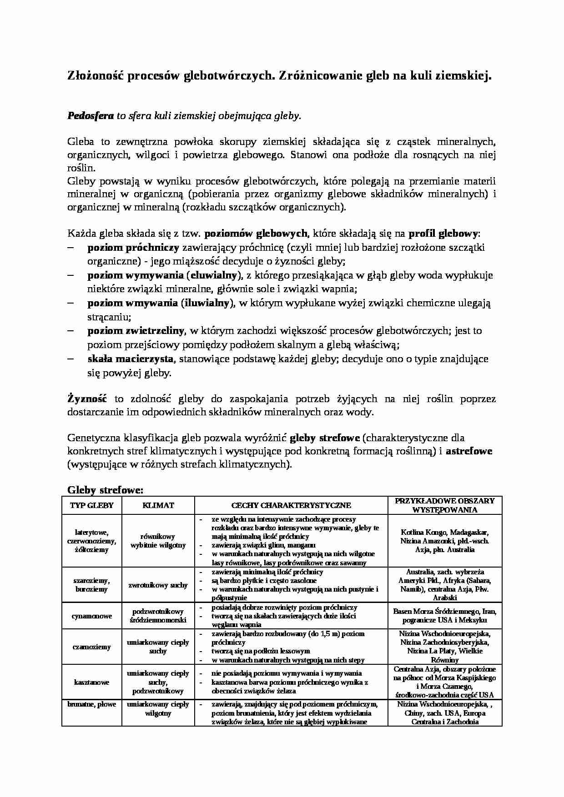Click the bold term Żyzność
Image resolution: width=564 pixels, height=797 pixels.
pos(87,399)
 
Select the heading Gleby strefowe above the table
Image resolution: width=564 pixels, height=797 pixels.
pos(105,490)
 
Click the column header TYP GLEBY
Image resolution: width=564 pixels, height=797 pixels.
pos(91,505)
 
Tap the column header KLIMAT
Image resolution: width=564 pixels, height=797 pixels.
pos(158,505)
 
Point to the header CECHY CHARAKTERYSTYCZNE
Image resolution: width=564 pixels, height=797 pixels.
pos(291,505)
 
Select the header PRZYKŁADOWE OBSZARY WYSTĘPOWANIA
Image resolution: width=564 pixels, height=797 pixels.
pos(444,505)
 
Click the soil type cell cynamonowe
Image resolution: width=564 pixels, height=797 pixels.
pos(91,616)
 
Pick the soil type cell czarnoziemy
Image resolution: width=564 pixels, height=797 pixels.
pos(91,647)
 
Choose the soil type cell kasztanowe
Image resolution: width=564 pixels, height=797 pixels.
pos(91,682)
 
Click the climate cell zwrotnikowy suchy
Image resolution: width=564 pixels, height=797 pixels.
pos(158,585)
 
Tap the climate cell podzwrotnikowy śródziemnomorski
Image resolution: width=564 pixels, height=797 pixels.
pos(158,616)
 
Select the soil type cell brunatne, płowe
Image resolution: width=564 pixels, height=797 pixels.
pos(91,704)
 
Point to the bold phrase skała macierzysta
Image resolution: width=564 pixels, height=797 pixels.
pos(130,359)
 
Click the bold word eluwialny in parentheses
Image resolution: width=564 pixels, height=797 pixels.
pos(215,275)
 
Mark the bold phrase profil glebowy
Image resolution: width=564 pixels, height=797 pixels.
pos(443,234)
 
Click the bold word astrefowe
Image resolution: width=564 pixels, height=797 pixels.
pos(469,452)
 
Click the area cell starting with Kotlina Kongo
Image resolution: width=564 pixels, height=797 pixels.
pos(444,541)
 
